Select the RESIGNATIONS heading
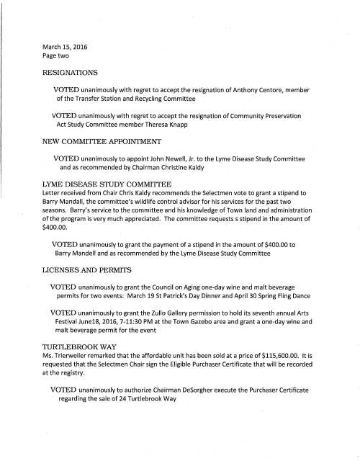76,73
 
